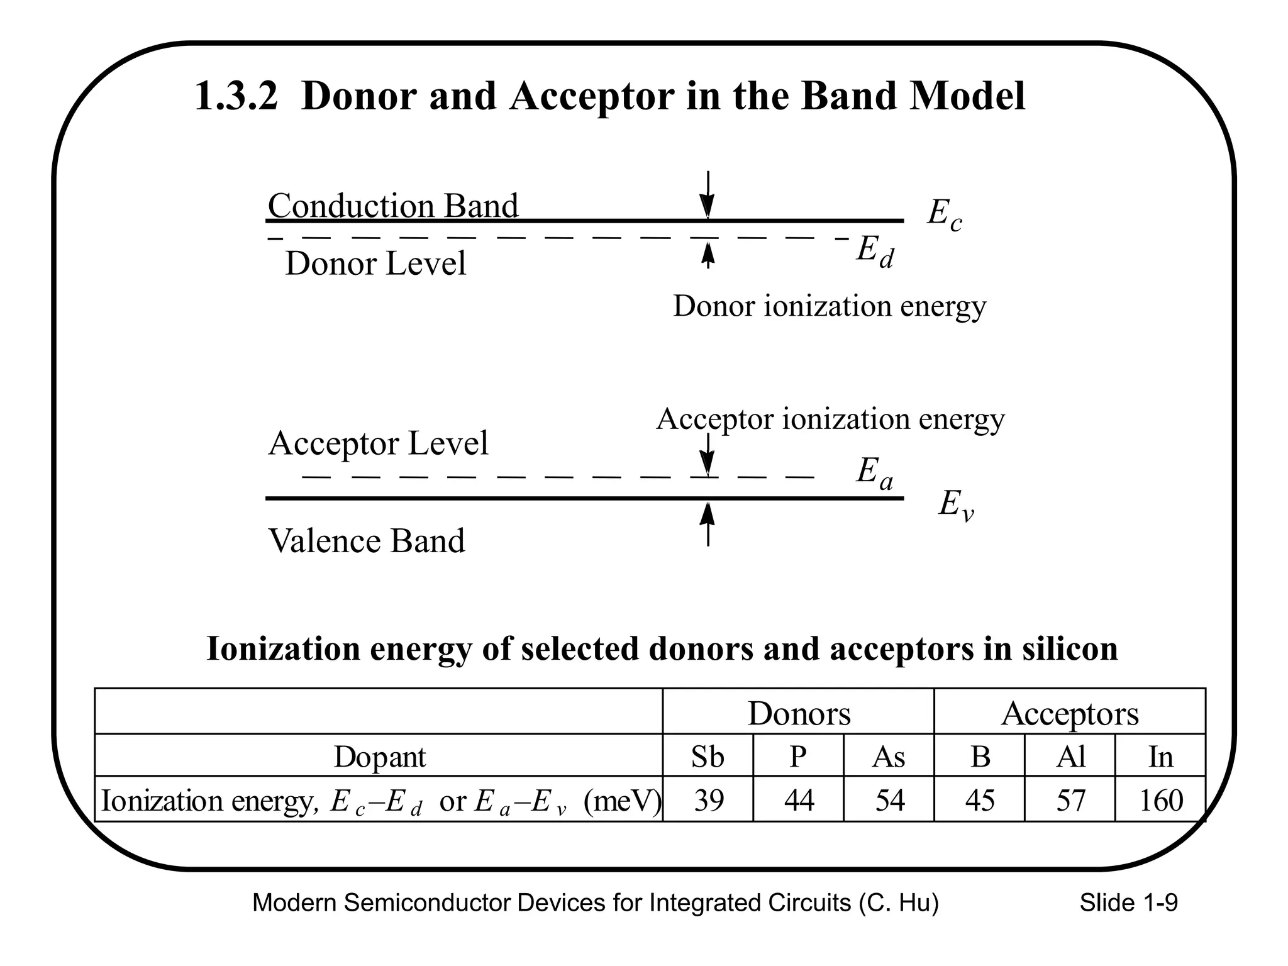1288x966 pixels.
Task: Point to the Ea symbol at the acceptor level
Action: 874,473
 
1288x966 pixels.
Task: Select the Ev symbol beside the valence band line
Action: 956,505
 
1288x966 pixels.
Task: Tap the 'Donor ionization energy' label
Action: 830,306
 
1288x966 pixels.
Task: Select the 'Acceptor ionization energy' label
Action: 830,419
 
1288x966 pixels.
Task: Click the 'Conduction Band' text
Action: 393,206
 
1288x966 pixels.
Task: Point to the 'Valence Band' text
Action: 367,541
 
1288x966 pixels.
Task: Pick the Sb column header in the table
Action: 708,756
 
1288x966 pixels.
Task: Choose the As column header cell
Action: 888,756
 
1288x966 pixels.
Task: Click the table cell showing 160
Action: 1161,800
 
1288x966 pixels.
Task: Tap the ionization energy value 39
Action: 708,800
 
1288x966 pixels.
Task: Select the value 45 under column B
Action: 980,800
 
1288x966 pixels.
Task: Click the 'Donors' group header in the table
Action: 799,713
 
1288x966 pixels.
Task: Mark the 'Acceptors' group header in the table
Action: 1070,713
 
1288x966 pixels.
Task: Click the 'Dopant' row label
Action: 379,756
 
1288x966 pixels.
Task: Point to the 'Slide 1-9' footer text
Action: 1128,903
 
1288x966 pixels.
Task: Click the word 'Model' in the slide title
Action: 962,96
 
